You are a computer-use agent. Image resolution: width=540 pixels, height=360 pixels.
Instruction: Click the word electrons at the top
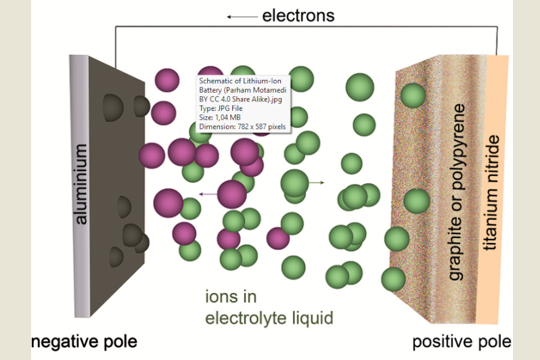point(298,15)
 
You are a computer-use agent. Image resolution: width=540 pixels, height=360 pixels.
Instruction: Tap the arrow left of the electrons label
point(241,16)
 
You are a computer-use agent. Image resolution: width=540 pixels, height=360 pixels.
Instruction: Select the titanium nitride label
point(493,193)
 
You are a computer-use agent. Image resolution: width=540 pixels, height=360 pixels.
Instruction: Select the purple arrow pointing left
point(208,195)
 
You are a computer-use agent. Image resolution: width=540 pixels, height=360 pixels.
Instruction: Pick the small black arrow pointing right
point(316,183)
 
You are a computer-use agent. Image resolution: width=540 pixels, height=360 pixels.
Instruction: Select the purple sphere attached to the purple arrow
point(231,194)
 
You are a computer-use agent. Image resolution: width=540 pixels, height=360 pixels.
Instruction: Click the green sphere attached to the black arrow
point(294,183)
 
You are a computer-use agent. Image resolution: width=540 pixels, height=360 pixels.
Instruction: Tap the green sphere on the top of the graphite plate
point(413,95)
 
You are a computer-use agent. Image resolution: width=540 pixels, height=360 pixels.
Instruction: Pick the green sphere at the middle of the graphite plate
point(416,201)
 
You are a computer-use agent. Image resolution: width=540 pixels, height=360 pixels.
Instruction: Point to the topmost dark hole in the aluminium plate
point(113,105)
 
